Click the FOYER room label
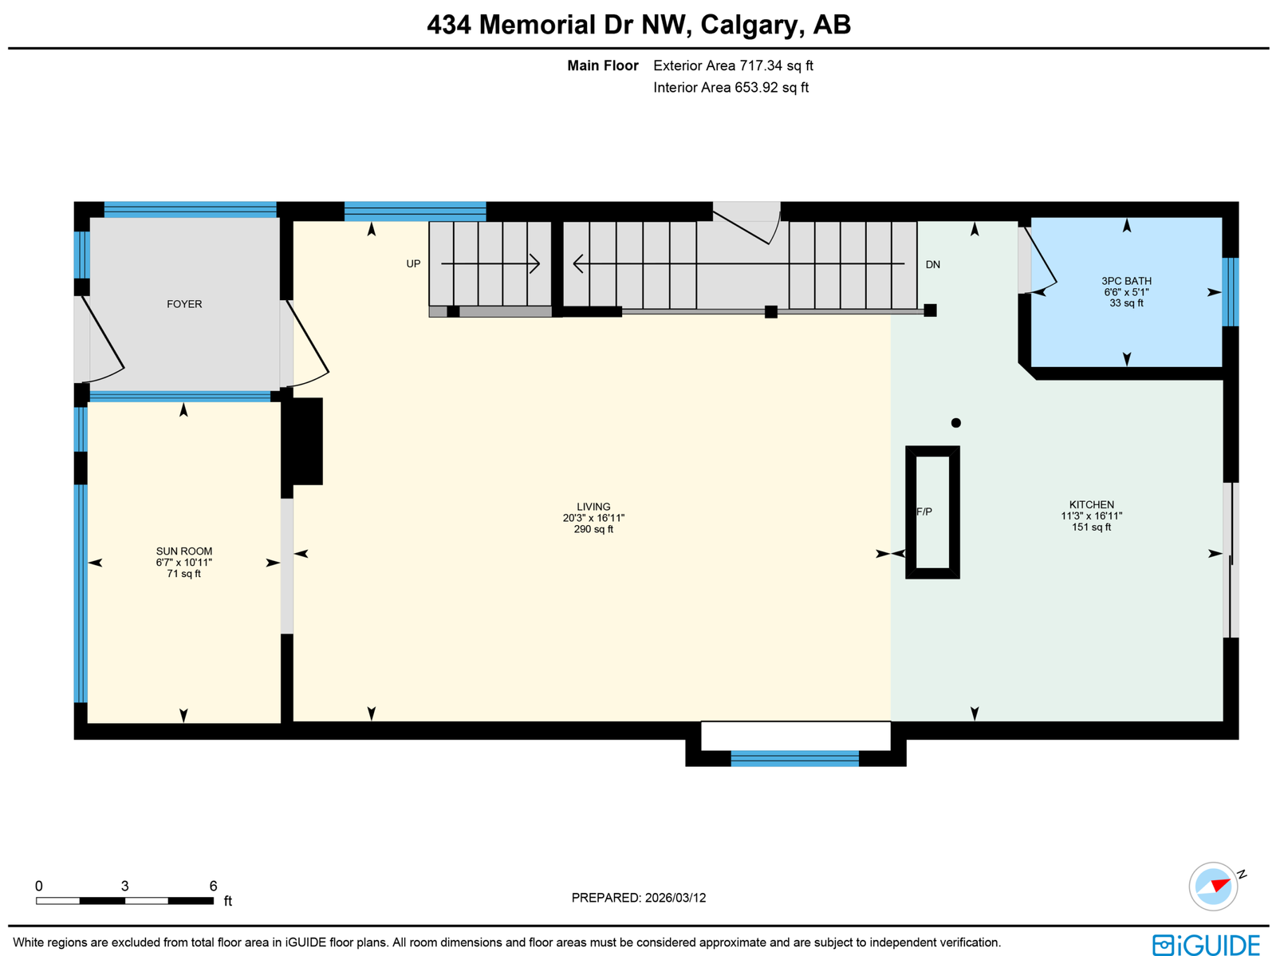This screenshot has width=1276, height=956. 184,304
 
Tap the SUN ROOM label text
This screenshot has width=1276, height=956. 183,551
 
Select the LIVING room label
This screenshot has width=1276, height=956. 593,507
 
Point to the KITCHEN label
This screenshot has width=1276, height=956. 1091,505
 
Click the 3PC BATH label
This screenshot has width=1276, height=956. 1126,281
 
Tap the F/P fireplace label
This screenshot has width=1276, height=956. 924,512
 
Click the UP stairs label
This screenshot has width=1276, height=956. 413,264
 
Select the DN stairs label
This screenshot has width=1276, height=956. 932,265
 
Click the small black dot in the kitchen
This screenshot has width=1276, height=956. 955,423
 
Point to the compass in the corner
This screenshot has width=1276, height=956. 1213,887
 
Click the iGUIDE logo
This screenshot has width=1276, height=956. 1206,944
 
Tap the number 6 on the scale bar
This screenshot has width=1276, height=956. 214,886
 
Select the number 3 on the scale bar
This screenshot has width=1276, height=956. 124,886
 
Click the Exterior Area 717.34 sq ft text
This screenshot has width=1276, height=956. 732,65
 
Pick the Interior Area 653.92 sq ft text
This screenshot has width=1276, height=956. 731,88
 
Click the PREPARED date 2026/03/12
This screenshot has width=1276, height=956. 675,897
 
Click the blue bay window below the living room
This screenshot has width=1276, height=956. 794,758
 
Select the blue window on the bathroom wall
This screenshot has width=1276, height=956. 1230,292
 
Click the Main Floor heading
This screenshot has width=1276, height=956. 603,65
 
